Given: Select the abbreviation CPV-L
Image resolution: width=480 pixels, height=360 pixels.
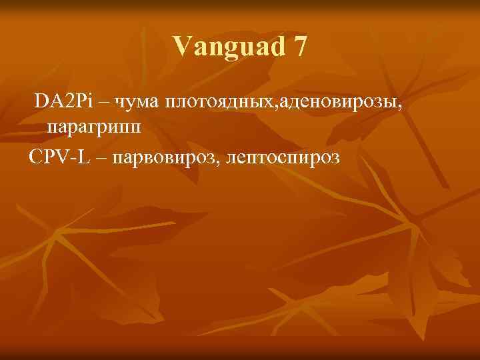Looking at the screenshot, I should tap(59, 157).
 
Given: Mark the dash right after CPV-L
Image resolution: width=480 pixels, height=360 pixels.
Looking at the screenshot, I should tap(100, 159).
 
